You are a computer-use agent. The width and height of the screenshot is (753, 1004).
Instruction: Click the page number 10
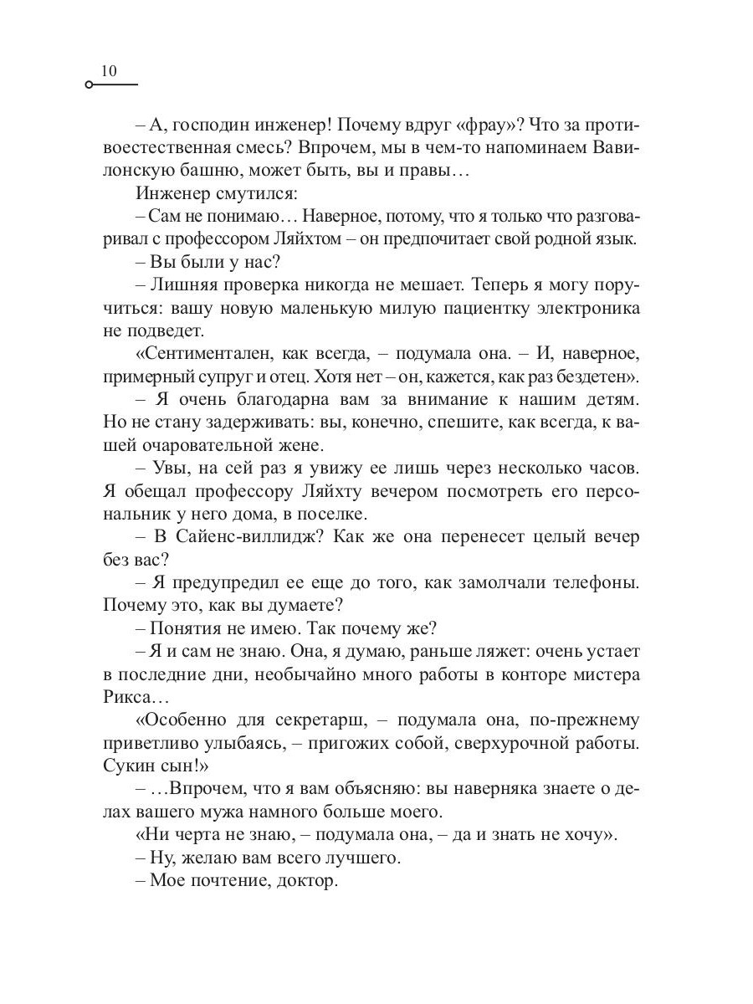(110, 71)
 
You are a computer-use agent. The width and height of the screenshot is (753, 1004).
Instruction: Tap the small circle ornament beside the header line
(89, 85)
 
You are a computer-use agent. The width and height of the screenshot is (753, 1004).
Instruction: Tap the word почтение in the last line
(238, 879)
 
